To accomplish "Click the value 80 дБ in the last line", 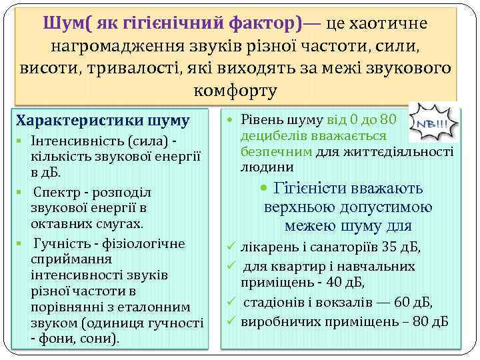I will [x=432, y=322].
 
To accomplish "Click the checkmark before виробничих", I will [x=230, y=322].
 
